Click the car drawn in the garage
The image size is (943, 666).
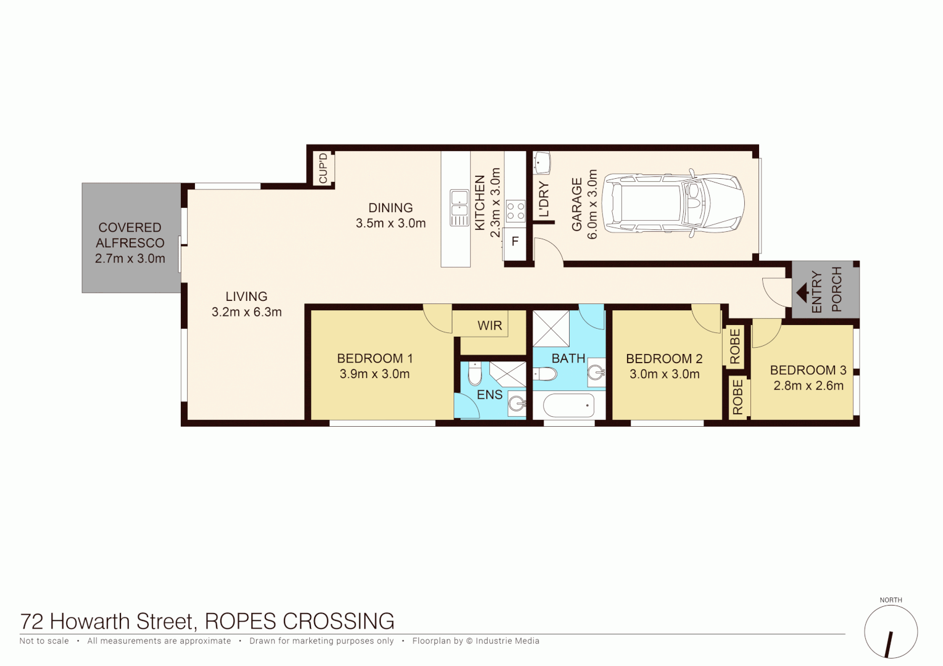[x=673, y=203]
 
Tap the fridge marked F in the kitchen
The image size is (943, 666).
[x=515, y=242]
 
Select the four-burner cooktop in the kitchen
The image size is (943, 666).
[x=515, y=211]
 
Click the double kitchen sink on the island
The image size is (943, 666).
[x=459, y=207]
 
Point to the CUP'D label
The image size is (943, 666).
[x=323, y=168]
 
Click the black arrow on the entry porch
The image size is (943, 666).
[x=803, y=292]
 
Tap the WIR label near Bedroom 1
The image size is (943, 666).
[x=489, y=326]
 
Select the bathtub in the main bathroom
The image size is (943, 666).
[x=568, y=406]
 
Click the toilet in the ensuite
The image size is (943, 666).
[x=475, y=374]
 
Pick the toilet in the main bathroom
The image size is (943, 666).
[x=545, y=374]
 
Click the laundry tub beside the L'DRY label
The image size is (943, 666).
[x=541, y=163]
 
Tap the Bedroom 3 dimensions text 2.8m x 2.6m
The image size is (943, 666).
[x=808, y=386]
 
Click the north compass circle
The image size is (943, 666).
[x=891, y=632]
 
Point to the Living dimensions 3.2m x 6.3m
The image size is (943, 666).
[x=246, y=312]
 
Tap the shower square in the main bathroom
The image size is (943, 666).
[x=550, y=329]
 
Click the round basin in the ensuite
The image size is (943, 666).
[x=517, y=405]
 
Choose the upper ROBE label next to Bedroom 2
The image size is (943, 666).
[x=734, y=347]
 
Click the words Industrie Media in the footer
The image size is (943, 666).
[x=507, y=641]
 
